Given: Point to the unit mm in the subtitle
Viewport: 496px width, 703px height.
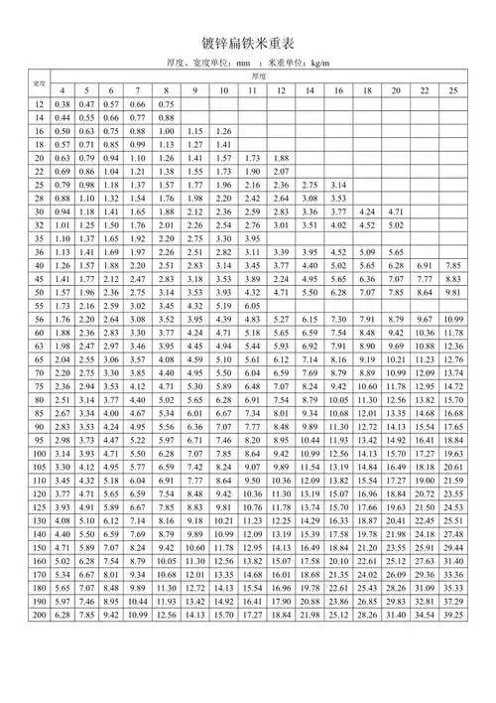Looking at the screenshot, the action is (x=238, y=65).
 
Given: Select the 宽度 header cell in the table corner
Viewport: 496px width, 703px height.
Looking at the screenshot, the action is (x=40, y=82).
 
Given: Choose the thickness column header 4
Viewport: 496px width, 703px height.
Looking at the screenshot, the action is (x=62, y=90).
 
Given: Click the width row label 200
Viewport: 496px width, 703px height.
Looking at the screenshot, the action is (x=40, y=672).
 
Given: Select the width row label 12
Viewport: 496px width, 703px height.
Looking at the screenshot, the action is (x=40, y=104).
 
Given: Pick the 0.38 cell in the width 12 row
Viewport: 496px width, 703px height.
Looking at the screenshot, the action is (x=62, y=104).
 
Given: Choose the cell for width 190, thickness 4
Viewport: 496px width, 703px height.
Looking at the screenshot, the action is (x=62, y=658).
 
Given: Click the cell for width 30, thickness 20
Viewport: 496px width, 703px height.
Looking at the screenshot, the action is (x=396, y=212).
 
